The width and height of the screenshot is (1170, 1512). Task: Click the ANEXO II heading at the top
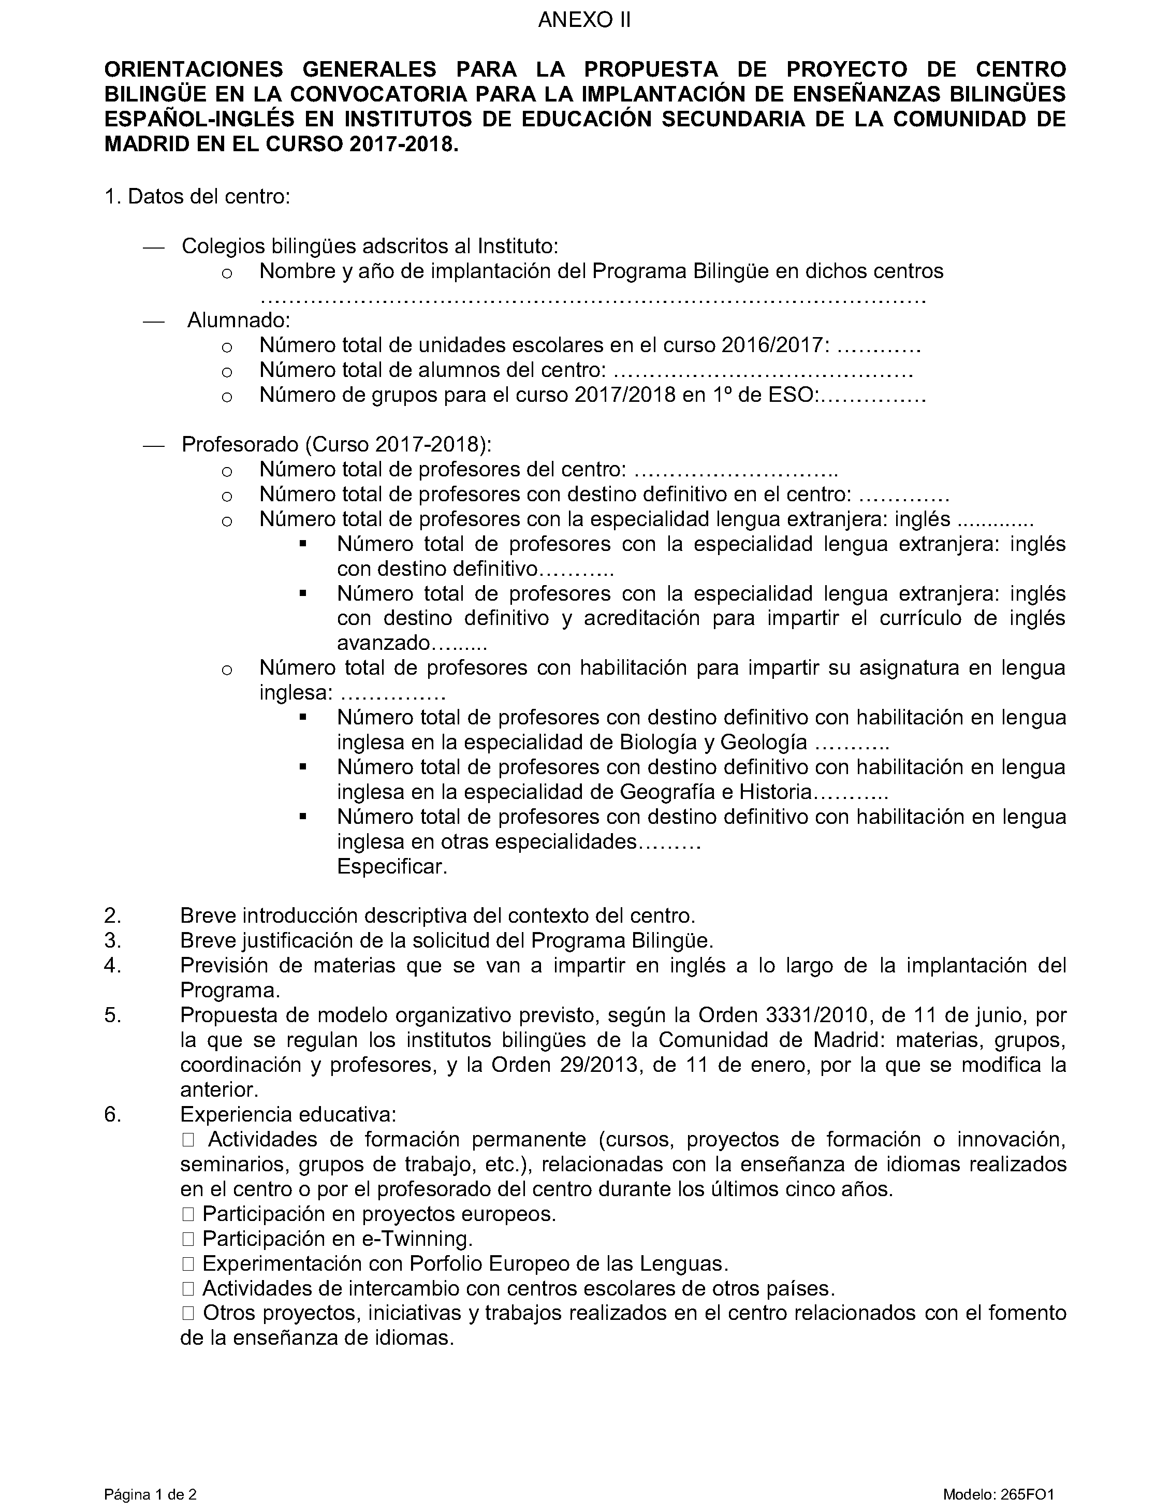[x=584, y=20]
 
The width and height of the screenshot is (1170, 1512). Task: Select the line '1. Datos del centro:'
[x=197, y=197]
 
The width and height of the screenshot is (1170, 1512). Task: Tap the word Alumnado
[x=238, y=321]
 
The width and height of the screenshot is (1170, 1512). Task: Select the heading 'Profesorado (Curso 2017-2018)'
[x=337, y=444]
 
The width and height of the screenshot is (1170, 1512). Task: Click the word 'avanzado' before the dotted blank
[x=384, y=643]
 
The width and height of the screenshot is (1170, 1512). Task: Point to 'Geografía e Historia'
[x=715, y=792]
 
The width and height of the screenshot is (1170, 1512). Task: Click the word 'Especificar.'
[x=392, y=867]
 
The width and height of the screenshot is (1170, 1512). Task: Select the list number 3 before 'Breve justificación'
[x=113, y=941]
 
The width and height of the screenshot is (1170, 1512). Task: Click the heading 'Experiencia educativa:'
[x=288, y=1115]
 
